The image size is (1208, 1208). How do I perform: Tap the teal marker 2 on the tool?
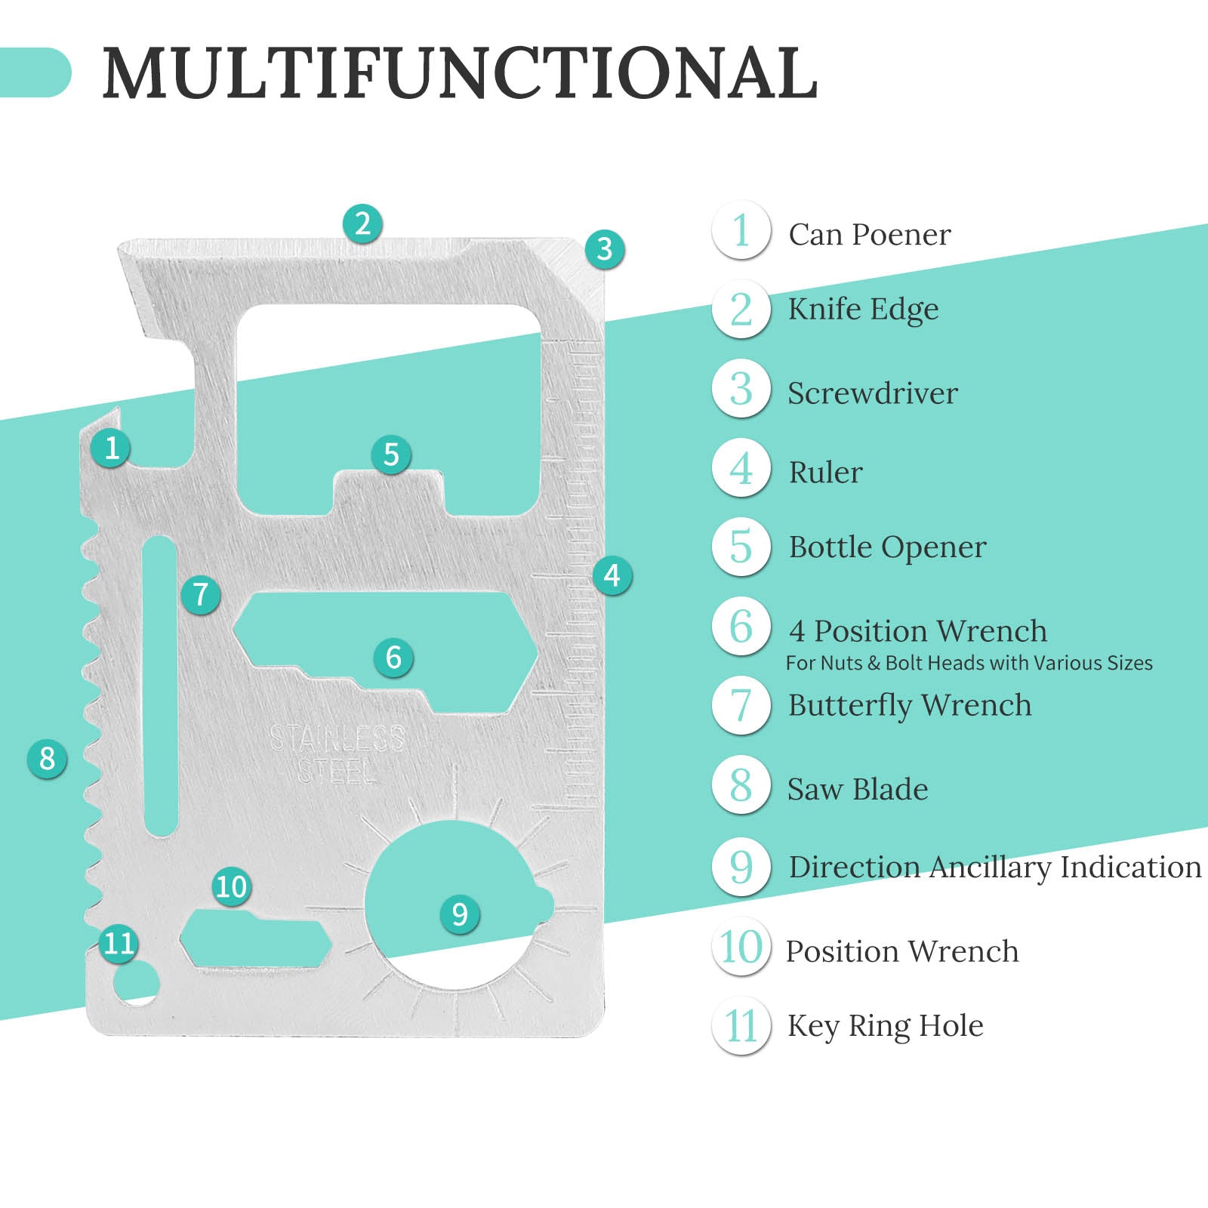(362, 223)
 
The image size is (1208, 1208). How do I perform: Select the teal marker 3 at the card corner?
(604, 248)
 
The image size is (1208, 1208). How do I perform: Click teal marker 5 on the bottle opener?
(390, 455)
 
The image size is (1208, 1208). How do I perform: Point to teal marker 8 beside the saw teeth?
(47, 758)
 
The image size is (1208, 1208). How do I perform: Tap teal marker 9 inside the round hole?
(459, 914)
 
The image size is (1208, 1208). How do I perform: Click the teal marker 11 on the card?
(119, 943)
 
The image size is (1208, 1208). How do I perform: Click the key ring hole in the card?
(137, 983)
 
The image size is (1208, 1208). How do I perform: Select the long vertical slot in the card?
(159, 686)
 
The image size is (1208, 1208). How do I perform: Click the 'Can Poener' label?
(869, 235)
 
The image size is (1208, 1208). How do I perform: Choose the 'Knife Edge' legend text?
(863, 310)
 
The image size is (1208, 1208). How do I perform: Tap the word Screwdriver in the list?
(872, 393)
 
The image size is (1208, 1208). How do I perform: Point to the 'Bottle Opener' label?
(887, 547)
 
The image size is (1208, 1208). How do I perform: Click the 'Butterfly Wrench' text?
(909, 706)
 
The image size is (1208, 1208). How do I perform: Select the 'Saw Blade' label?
(858, 790)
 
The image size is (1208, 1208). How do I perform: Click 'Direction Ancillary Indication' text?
(994, 867)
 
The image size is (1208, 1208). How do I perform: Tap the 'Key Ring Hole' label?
(885, 1026)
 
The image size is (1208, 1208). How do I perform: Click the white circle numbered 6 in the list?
(741, 626)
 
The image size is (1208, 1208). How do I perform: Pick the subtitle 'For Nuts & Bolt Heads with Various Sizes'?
(969, 663)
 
